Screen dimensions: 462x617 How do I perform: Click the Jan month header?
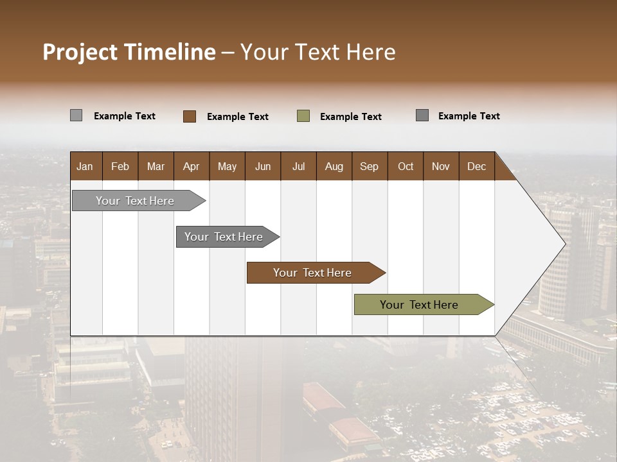pos(85,166)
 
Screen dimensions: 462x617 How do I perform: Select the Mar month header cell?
pos(156,166)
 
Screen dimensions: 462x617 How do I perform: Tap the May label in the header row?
pos(227,166)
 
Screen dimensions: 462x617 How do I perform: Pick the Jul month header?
pos(298,166)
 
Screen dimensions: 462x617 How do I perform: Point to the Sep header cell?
pos(369,166)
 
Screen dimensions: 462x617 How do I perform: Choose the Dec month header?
pos(476,166)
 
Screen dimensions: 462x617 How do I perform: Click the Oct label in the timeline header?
pos(406,166)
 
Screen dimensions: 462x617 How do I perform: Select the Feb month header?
pos(120,166)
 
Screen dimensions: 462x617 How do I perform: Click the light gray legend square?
pos(76,116)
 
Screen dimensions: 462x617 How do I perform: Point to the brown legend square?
pos(190,116)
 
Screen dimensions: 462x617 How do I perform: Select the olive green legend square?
pos(303,116)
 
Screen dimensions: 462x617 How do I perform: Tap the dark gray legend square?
pos(422,116)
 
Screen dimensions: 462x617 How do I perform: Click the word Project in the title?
pos(80,52)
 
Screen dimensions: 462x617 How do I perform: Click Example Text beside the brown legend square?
pos(238,117)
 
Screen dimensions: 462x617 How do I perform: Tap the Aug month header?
pos(334,166)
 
